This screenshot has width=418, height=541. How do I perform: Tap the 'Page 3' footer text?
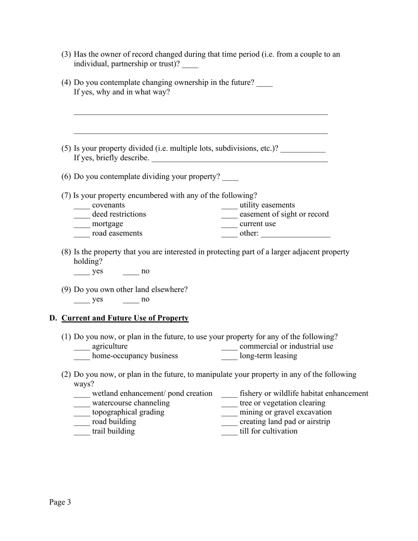pyautogui.click(x=60, y=502)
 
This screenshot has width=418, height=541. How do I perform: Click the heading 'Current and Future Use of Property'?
pyautogui.click(x=125, y=318)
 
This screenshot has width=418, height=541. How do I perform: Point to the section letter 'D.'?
pyautogui.click(x=53, y=318)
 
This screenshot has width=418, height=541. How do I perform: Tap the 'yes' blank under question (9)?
pyautogui.click(x=81, y=300)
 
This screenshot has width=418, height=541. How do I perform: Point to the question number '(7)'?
pyautogui.click(x=66, y=195)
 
